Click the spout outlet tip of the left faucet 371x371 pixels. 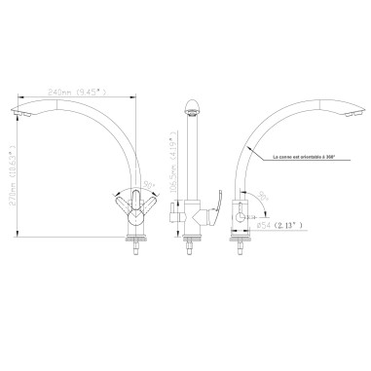coord(23,113)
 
